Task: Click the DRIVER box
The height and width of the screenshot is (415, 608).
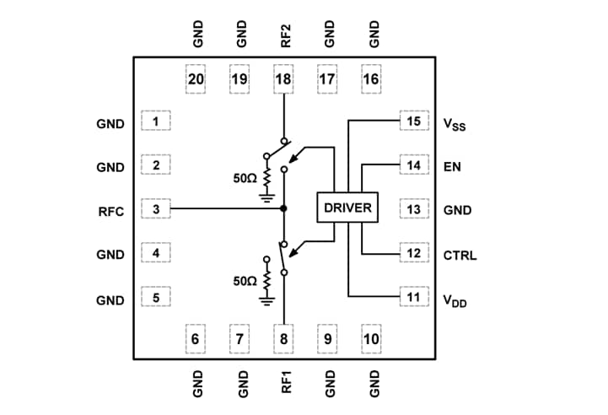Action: (348, 207)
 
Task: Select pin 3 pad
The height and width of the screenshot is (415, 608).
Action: (156, 207)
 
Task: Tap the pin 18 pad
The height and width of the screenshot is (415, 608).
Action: (284, 81)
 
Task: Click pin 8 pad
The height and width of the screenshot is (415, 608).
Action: (284, 338)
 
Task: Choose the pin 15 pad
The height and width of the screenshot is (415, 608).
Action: (412, 121)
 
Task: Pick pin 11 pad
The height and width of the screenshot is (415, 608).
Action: (412, 297)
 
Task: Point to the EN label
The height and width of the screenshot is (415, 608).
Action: (452, 167)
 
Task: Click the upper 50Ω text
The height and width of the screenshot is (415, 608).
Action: (245, 178)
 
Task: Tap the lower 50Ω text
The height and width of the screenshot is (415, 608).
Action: (245, 280)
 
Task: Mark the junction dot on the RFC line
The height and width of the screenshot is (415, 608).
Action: (284, 207)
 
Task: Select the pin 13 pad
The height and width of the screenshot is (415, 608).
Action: (412, 208)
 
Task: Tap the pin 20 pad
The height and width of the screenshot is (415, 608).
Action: (196, 81)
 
